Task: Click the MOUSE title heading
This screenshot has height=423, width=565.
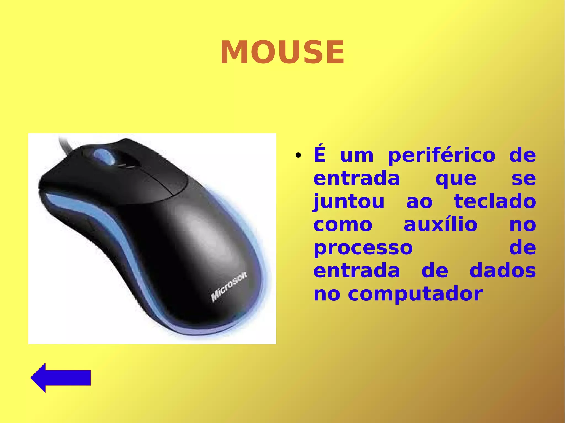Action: [x=282, y=52]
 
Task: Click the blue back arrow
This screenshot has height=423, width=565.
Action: [x=61, y=378]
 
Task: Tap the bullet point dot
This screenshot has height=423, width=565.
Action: [x=298, y=155]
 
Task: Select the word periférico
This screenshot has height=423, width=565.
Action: [x=442, y=156]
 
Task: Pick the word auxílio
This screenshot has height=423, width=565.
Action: [x=441, y=225]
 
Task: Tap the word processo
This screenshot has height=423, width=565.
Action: [x=363, y=248]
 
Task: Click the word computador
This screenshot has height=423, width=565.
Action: [x=415, y=294]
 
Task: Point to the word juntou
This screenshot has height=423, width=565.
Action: [x=349, y=202]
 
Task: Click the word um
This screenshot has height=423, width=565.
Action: [x=357, y=156]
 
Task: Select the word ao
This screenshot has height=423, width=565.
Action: [x=419, y=202]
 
